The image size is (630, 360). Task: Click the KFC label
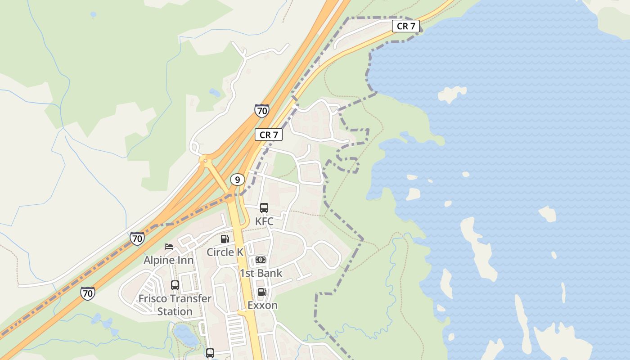point(264,221)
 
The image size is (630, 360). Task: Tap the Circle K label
point(225,252)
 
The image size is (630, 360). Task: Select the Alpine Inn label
point(168,260)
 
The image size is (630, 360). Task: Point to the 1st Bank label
point(261,273)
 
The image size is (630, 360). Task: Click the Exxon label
point(262,305)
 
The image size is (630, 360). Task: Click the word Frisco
point(153,299)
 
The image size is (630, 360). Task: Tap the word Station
point(175,311)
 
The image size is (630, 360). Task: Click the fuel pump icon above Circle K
point(225,239)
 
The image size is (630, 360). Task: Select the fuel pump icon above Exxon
point(261,292)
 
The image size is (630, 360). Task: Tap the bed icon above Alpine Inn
point(169,246)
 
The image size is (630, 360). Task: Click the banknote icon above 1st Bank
point(261,260)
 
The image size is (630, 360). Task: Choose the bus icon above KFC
point(264,208)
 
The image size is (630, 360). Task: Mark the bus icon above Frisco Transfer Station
point(175,285)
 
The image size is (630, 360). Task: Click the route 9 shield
point(237,180)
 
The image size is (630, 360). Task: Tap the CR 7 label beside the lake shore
point(406,26)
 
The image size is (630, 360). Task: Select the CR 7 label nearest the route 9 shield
point(269,134)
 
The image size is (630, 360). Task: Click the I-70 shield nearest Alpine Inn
point(137,238)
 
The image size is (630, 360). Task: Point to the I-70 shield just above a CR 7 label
point(261,111)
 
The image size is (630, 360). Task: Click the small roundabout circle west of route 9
point(205,160)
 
